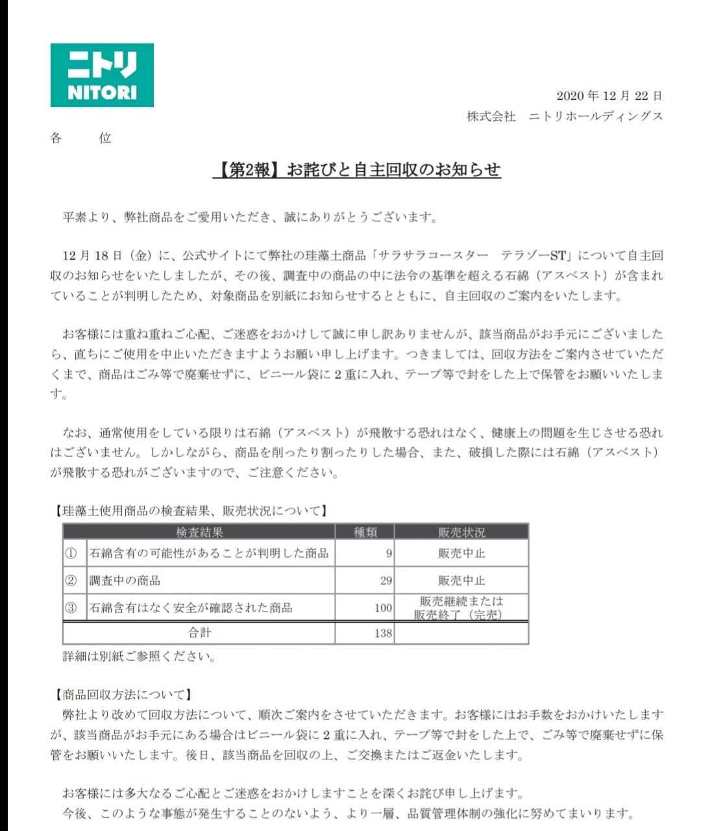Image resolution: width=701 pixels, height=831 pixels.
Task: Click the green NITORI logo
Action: (x=102, y=75)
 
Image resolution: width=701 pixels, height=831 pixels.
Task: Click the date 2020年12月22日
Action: (x=609, y=96)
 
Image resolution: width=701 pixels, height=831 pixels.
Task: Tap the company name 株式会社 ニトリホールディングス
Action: (x=565, y=116)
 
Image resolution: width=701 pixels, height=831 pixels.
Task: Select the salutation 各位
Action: (x=80, y=138)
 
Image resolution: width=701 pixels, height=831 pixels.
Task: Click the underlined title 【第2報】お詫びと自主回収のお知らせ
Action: (x=357, y=170)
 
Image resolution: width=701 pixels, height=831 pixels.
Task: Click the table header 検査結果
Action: (x=199, y=532)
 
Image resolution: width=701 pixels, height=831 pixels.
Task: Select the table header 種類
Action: (x=365, y=532)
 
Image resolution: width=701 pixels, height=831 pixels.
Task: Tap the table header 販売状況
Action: (x=461, y=532)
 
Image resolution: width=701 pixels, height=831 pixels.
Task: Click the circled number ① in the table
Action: (x=71, y=554)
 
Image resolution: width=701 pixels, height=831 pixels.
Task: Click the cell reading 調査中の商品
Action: (x=125, y=581)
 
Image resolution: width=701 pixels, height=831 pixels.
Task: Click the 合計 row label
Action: (x=199, y=633)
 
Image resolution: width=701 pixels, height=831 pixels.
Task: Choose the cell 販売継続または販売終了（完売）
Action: (x=461, y=608)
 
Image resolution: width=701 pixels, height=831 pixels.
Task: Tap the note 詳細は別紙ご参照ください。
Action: (x=139, y=656)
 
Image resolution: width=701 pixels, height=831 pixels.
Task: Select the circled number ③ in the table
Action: (x=71, y=608)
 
